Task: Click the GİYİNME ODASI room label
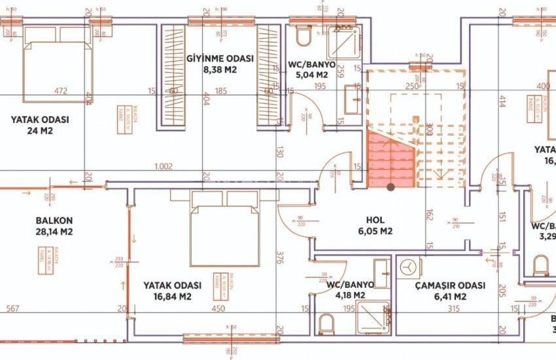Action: click(x=219, y=58)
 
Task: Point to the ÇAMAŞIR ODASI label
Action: click(x=450, y=286)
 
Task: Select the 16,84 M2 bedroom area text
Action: click(x=167, y=297)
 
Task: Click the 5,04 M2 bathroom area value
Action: click(x=311, y=75)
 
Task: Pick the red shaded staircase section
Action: click(x=390, y=157)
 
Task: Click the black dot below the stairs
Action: click(x=391, y=187)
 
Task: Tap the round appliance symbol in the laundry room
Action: click(x=408, y=268)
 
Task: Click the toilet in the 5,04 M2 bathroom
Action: click(x=304, y=36)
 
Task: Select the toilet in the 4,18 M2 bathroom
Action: click(x=326, y=322)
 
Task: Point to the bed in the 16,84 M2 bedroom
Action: click(x=215, y=228)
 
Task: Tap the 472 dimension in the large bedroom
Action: click(x=60, y=91)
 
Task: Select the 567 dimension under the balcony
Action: click(x=11, y=310)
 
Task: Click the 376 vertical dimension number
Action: click(x=280, y=255)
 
